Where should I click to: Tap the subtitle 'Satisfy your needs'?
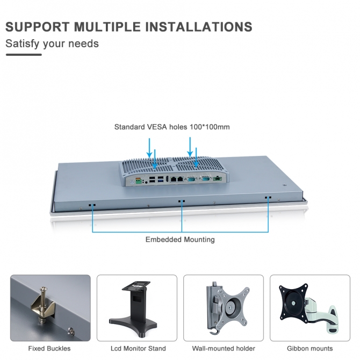(52, 44)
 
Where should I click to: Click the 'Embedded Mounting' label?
(180, 240)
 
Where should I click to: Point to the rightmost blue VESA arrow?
(196, 155)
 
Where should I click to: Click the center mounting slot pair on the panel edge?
(182, 201)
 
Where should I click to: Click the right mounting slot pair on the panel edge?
(268, 198)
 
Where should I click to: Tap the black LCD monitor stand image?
(137, 306)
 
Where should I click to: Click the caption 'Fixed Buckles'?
(49, 349)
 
